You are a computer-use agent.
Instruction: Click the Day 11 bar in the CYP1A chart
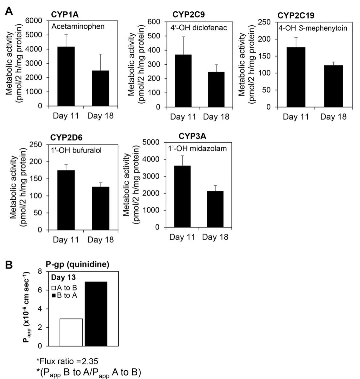(65, 76)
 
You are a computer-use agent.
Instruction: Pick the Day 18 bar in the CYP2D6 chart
(101, 208)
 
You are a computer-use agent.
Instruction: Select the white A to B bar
(71, 332)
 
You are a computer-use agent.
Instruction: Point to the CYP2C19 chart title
(296, 16)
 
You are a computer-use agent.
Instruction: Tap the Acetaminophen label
(78, 26)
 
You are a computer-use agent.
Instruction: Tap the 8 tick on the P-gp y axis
(40, 271)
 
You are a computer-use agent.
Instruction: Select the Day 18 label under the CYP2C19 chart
(333, 117)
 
